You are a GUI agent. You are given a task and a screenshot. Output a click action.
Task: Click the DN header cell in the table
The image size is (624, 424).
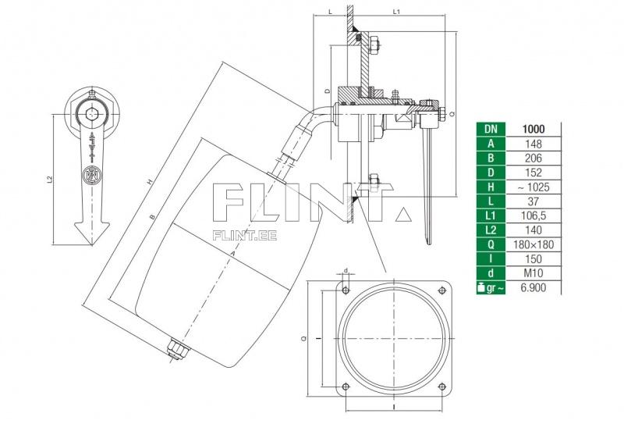(x=489, y=129)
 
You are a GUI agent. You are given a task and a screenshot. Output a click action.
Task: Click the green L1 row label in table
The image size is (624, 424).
(x=489, y=215)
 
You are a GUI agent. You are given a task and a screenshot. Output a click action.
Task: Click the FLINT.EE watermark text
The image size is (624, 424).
(x=245, y=231)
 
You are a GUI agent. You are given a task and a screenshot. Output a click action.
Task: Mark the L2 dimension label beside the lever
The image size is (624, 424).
(x=51, y=180)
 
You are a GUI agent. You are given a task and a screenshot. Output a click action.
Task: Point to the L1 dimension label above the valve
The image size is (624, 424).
(x=397, y=12)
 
